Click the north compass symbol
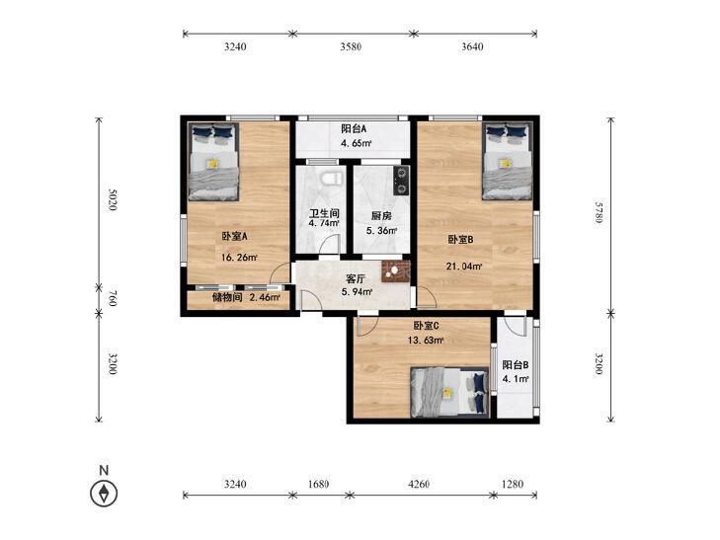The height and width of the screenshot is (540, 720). pos(104,494)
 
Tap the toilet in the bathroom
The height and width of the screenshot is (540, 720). pos(332,178)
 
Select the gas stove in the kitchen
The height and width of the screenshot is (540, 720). pos(401,180)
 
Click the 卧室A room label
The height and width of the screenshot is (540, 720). pos(235,237)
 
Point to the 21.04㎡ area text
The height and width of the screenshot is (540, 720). pos(464,267)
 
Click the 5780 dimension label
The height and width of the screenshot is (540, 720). pos(598,212)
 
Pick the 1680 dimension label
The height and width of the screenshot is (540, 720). pos(318,484)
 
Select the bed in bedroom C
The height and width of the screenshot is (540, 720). pos(449,393)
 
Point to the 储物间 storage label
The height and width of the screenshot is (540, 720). pos(227,297)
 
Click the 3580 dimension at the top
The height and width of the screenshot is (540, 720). pos(351,46)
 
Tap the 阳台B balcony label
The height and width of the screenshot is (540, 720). pos(516,365)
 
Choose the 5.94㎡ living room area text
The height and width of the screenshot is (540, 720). pos(357,291)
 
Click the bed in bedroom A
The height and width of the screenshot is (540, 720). pos(213,162)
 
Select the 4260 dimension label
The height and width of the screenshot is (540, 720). pos(419,484)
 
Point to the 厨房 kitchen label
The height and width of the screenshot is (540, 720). pos(381,215)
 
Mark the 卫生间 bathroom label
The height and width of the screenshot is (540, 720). pos(324,213)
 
